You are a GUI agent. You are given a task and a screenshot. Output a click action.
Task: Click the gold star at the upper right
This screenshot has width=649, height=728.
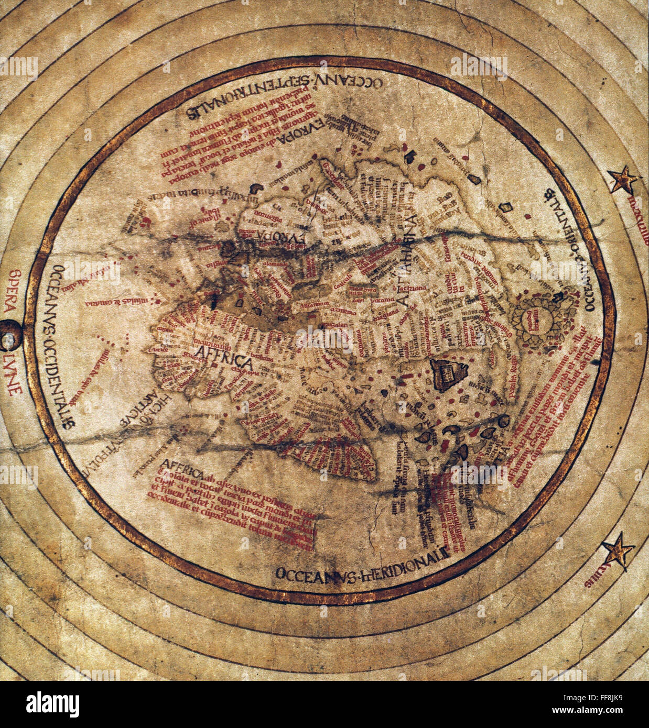[x=624, y=181]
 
